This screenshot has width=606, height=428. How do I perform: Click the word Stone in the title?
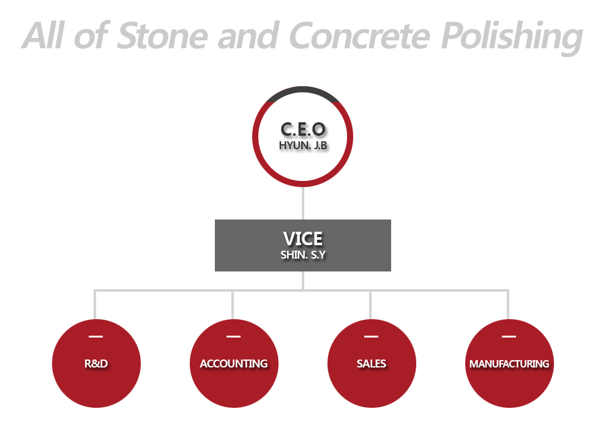[162, 35]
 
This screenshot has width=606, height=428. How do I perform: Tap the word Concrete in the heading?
[359, 35]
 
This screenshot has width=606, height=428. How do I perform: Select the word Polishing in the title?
[512, 38]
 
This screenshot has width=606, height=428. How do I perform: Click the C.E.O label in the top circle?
[303, 130]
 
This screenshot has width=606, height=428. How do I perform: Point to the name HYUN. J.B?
[303, 146]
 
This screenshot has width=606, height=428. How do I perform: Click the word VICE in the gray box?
[303, 239]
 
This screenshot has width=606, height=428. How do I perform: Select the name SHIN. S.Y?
[303, 255]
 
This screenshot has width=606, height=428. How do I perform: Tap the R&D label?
[96, 364]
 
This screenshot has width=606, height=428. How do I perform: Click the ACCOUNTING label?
[234, 364]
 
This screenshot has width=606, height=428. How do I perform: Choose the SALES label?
[372, 364]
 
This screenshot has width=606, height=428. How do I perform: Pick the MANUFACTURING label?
[509, 364]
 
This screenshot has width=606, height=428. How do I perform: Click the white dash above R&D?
[96, 336]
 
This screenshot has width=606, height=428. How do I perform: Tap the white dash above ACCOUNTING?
[233, 336]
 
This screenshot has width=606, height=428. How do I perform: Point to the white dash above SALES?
[371, 336]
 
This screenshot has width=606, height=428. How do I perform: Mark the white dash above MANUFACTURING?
[509, 336]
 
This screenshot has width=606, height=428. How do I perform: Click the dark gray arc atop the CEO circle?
[303, 89]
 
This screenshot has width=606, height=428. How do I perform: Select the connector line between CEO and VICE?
[303, 203]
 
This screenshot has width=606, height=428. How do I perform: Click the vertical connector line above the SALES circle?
[370, 305]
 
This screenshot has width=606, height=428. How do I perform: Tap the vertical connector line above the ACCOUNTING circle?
[233, 305]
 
